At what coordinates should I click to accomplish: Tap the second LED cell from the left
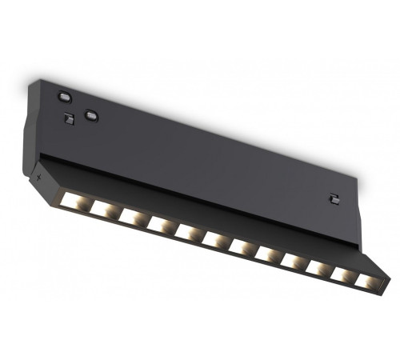pos(104,206)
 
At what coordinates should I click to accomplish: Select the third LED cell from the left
pos(132,215)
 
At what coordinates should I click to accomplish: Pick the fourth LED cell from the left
pos(160,224)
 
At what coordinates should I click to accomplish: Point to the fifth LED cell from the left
pos(188,233)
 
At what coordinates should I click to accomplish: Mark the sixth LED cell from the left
pos(215,240)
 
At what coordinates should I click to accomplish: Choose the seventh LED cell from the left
pos(242,248)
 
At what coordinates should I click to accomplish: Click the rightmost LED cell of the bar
pos(365,281)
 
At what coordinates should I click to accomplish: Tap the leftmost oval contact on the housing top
pos(64,97)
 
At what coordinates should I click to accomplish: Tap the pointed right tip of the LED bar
pos(390,279)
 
